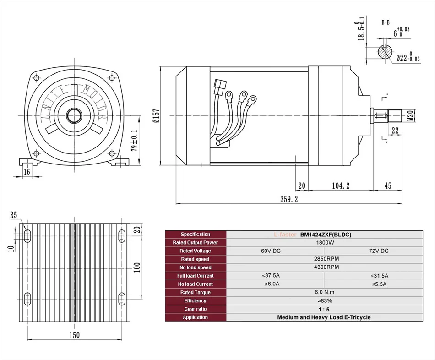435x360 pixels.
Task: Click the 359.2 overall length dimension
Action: tap(289, 199)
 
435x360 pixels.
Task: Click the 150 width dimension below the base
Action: tap(74, 335)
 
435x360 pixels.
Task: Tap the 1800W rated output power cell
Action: tap(324, 242)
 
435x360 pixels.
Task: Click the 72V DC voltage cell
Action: tap(378, 251)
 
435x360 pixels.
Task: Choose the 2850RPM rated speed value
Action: tap(324, 259)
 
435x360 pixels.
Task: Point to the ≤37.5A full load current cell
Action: tap(272, 276)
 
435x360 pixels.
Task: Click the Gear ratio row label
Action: tap(196, 309)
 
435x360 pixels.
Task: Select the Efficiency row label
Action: tap(196, 300)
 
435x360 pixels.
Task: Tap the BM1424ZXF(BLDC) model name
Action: tap(326, 234)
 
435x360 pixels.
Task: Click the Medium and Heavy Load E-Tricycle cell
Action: tap(324, 317)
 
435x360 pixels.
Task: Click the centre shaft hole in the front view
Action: tap(74, 115)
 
